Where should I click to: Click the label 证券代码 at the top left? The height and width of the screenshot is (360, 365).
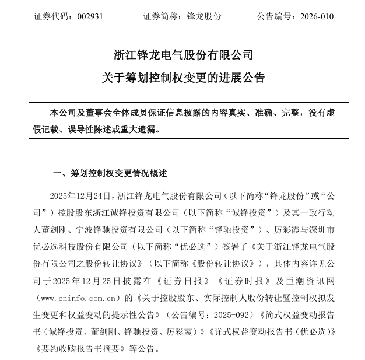[x=51, y=16]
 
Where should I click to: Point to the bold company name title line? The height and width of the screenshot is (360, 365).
[x=183, y=55]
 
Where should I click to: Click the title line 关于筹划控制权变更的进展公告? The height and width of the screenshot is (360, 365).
[x=183, y=78]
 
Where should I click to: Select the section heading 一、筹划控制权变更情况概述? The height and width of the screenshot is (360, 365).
[x=110, y=173]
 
